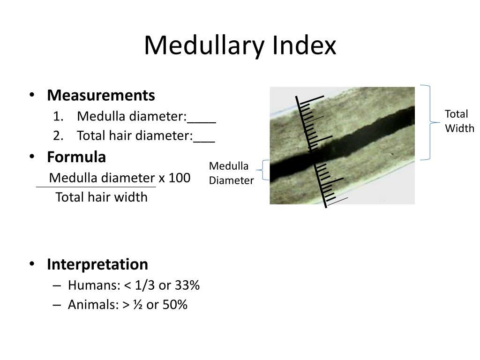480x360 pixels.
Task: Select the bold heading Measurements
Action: [x=101, y=96]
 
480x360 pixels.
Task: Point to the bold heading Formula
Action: [x=76, y=157]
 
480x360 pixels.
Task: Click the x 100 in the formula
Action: [x=174, y=178]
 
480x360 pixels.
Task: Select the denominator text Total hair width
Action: [x=101, y=197]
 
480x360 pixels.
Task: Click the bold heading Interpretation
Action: [x=97, y=264]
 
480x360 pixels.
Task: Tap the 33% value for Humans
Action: [x=187, y=285]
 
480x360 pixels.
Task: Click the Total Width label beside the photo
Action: [x=459, y=121]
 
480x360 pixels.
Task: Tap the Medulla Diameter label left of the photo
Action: [x=231, y=173]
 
